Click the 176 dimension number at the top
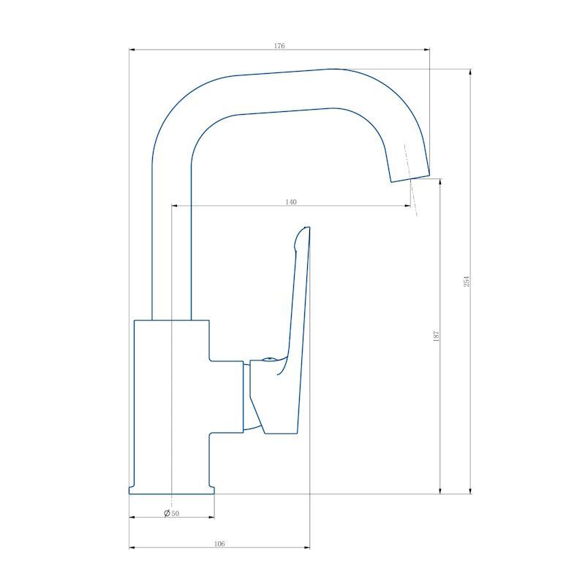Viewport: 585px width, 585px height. tap(279, 46)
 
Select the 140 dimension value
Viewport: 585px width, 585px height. tap(291, 202)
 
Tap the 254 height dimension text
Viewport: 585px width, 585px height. tap(467, 282)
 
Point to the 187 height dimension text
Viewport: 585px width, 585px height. tap(437, 336)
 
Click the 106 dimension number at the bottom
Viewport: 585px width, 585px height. tap(219, 543)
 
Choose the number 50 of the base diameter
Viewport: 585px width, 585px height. tap(175, 513)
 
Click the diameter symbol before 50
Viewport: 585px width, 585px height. tap(167, 513)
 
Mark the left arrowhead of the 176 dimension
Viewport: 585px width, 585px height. tap(132, 49)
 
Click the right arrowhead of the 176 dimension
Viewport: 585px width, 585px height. tap(427, 49)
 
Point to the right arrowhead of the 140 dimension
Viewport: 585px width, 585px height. tap(408, 205)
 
